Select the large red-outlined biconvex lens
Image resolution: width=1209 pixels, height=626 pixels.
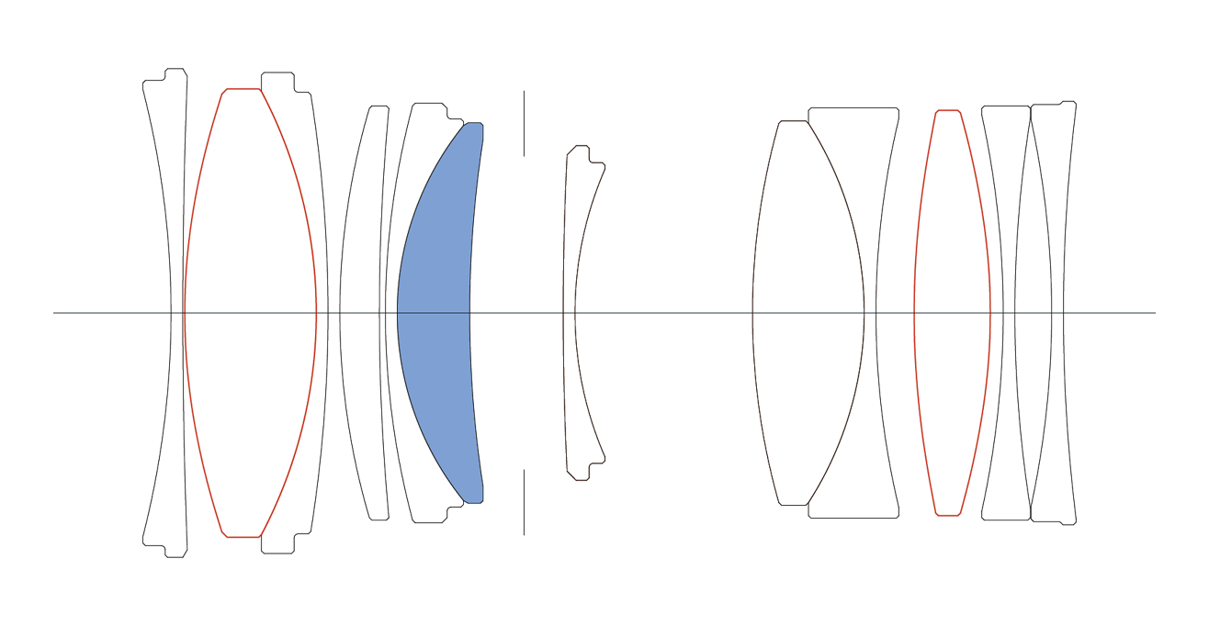(250, 312)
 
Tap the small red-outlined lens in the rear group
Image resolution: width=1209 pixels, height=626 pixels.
(952, 312)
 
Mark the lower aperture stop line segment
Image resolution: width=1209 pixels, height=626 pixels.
(524, 501)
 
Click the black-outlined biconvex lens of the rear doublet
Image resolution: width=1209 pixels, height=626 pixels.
(808, 312)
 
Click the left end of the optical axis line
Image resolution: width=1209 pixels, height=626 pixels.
(54, 313)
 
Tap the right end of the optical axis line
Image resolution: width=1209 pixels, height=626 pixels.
(1155, 313)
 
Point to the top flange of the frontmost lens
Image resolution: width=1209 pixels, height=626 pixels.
(175, 73)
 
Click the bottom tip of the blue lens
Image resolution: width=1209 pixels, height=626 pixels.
(473, 499)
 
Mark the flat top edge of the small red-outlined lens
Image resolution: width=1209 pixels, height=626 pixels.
(948, 111)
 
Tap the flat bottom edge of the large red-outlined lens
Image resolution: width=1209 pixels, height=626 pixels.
(243, 537)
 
